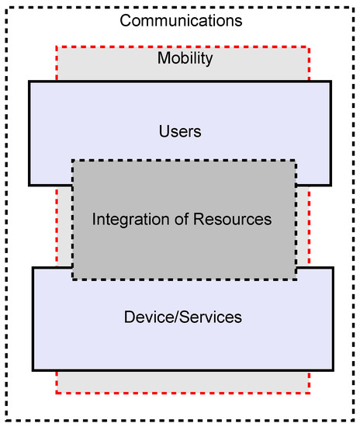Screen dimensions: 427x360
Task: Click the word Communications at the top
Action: [x=181, y=20]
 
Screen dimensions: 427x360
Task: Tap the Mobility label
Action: [x=185, y=58]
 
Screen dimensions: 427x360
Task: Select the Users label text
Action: [x=180, y=131]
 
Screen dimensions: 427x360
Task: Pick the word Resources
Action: [x=229, y=220]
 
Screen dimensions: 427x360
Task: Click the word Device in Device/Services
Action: [x=145, y=317]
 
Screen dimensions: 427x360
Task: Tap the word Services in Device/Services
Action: [x=211, y=317]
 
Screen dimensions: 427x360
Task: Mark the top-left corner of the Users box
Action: [x=29, y=82]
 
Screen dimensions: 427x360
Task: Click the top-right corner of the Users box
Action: [x=331, y=82]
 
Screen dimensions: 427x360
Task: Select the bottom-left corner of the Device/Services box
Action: [x=33, y=370]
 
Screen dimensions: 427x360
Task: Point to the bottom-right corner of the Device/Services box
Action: [x=333, y=370]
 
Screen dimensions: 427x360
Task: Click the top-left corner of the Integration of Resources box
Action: [x=73, y=161]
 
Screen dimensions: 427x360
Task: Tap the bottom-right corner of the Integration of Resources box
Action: [x=296, y=279]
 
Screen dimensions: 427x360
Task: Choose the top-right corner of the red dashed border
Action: [x=309, y=47]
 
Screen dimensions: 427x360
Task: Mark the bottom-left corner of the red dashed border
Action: [x=57, y=393]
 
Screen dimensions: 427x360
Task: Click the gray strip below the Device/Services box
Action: [x=182, y=381]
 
